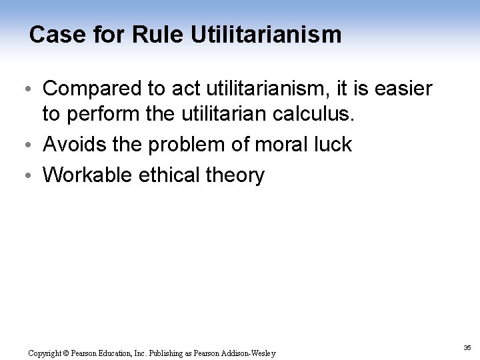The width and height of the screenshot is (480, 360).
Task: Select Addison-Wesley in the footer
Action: [x=251, y=353]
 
